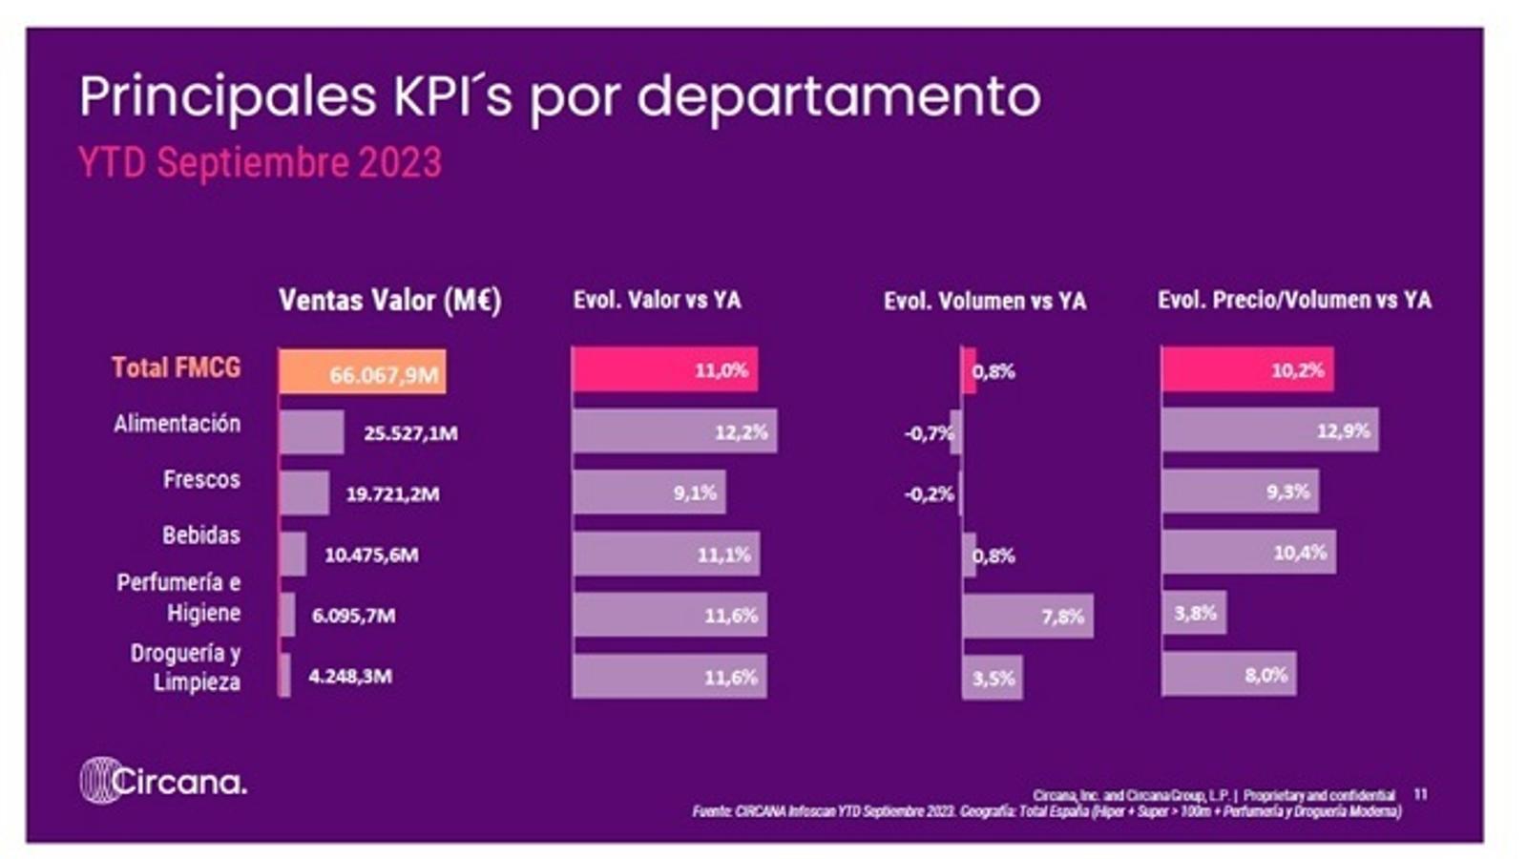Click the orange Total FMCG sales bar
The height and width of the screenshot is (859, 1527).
pos(362,371)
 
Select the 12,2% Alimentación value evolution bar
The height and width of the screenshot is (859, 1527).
pos(674,431)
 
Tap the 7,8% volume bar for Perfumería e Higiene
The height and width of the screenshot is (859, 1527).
pos(1027,616)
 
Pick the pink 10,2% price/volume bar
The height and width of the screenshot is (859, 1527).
pos(1246,369)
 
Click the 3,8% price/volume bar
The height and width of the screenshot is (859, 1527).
pos(1193,613)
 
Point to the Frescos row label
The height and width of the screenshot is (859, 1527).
pos(200,479)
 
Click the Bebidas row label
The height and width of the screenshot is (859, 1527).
pos(200,534)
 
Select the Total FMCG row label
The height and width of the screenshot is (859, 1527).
pos(176,367)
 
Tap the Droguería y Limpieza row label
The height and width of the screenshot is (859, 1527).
pos(186,667)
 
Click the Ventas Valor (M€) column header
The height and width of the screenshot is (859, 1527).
pos(389,301)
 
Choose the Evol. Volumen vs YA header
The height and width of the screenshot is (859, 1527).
pos(984,302)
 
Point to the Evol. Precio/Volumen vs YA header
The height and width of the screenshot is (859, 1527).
pos(1294,301)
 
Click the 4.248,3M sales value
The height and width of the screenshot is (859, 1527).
pos(350,677)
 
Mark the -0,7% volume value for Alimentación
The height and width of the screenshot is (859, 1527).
pos(929,433)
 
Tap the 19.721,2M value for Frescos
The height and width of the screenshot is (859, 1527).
pos(392,493)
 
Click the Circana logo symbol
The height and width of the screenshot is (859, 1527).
pos(98,781)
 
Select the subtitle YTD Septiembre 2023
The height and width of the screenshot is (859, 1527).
pos(260,163)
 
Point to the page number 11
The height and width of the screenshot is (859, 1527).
pos(1420,794)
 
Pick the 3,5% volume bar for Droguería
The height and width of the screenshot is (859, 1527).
pos(992,678)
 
